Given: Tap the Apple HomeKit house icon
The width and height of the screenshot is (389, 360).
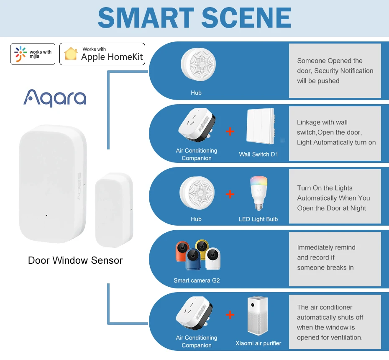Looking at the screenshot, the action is pyautogui.click(x=71, y=54).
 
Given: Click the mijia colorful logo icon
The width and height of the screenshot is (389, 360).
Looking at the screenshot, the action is pyautogui.click(x=20, y=54).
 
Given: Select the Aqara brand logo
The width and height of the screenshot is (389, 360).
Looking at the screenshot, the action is pyautogui.click(x=55, y=98).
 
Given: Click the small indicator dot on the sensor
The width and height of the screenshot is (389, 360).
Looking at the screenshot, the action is pyautogui.click(x=46, y=216).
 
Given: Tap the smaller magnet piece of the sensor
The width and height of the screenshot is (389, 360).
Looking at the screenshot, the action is pyautogui.click(x=114, y=209).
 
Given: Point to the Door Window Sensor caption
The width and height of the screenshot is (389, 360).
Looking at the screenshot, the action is pyautogui.click(x=75, y=260).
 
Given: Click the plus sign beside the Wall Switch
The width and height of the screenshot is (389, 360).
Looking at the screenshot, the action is pyautogui.click(x=230, y=131).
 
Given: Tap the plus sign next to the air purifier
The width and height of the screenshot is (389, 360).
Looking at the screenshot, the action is pyautogui.click(x=230, y=315).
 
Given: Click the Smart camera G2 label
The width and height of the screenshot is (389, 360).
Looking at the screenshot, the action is pyautogui.click(x=197, y=280).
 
